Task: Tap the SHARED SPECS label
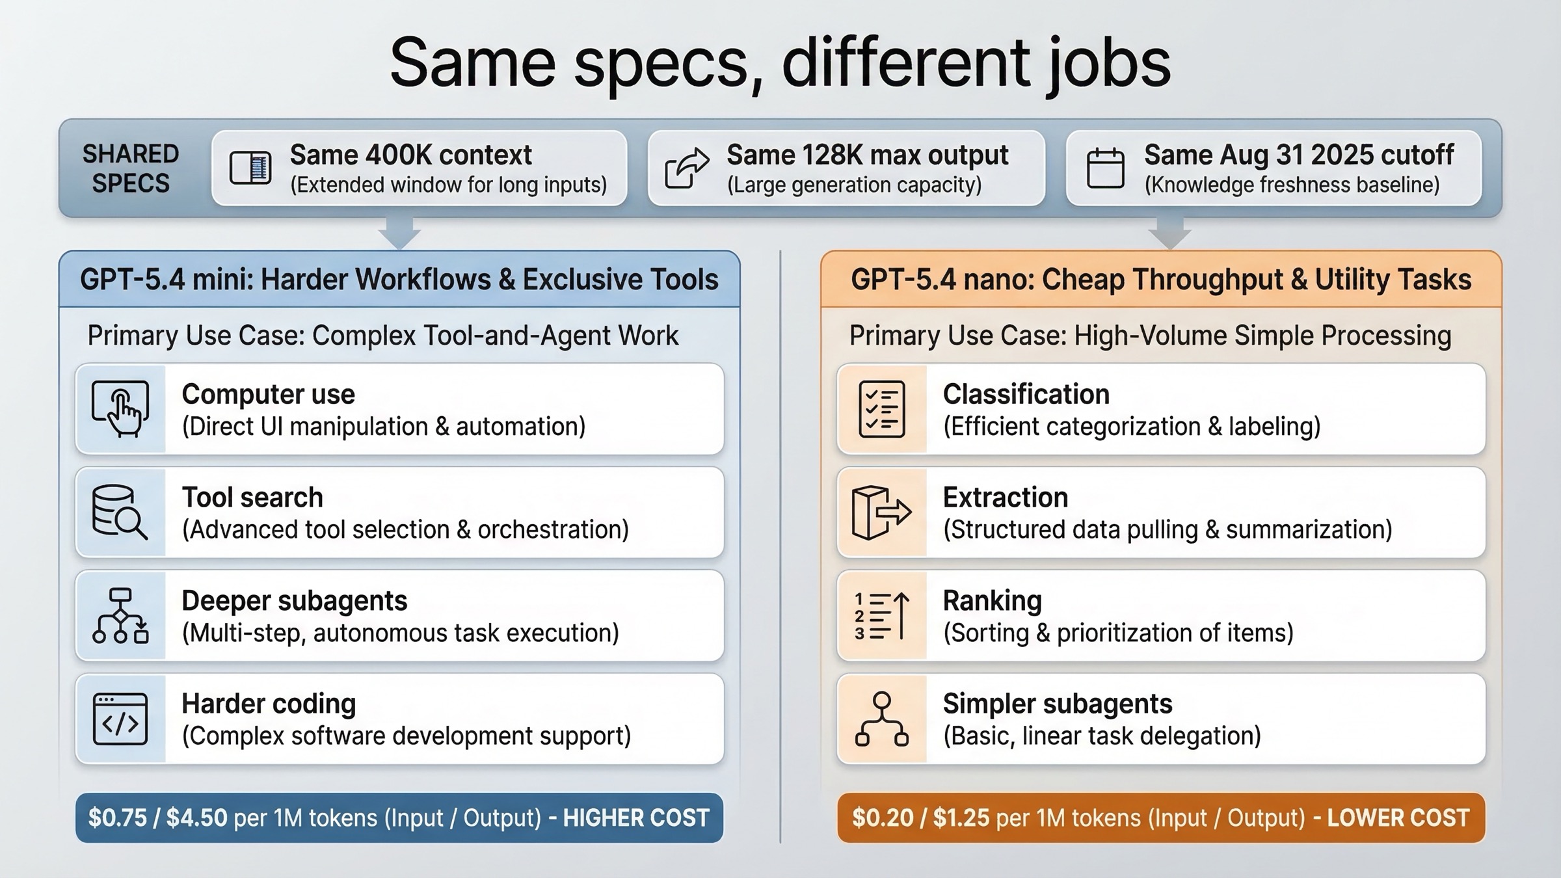[x=130, y=168]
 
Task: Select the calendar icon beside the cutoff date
[x=1105, y=168]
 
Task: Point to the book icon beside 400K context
[x=250, y=168]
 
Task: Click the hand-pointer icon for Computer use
[x=121, y=408]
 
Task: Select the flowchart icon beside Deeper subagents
[x=120, y=615]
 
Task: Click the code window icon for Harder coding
[x=120, y=719]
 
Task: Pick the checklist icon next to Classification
[x=881, y=408]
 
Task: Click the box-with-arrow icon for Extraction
[x=881, y=512]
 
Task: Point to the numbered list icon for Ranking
[x=881, y=615]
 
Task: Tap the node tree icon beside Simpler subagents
[x=881, y=719]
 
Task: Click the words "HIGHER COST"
[x=635, y=818]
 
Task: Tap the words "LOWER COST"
[x=1398, y=818]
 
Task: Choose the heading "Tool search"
[x=252, y=498]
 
